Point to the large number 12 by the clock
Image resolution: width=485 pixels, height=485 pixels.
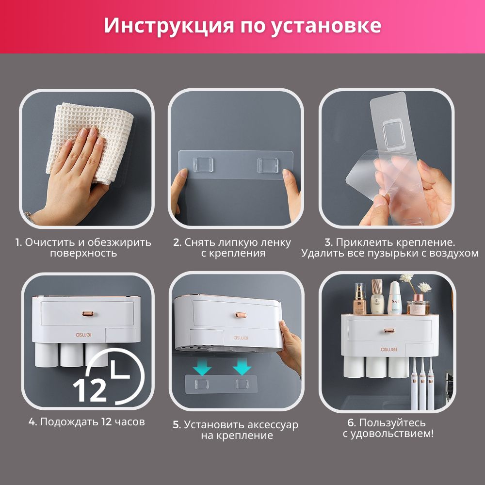coord(90,388)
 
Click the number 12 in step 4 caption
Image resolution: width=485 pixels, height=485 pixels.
coord(106,421)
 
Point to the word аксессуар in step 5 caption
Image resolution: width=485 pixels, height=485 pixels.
coord(271,425)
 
